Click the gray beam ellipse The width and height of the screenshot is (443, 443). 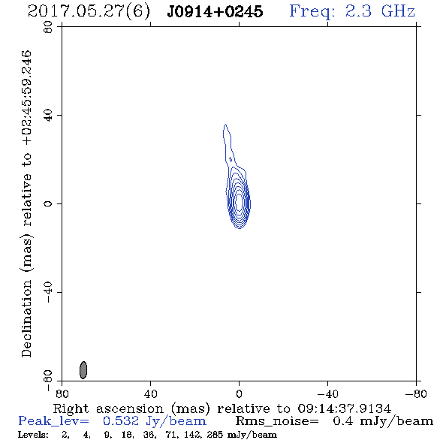(83, 370)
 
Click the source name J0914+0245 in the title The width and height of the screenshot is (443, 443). (215, 11)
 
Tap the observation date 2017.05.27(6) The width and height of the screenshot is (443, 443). (89, 12)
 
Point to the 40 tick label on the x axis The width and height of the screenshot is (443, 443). (150, 394)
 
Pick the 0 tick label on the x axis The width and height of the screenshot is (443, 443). (239, 394)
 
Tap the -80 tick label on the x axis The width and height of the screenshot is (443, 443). (415, 394)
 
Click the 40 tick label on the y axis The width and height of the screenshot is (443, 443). (48, 116)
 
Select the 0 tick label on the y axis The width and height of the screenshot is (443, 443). (48, 203)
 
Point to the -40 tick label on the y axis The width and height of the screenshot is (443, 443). (48, 292)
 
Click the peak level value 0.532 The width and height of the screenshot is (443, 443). (121, 421)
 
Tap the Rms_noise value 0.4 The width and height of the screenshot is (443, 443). (343, 421)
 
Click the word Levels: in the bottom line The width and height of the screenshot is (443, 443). (33, 435)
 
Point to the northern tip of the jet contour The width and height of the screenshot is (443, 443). (225, 125)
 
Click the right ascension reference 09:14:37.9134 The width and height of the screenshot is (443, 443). (345, 408)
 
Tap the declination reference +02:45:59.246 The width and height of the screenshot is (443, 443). (27, 98)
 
